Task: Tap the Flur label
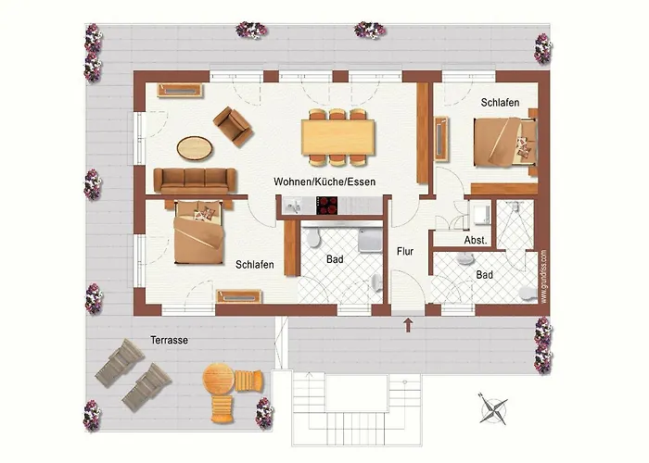click(x=405, y=250)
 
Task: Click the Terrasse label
click(x=169, y=341)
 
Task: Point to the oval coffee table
click(x=196, y=147)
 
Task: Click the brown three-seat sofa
click(x=194, y=180)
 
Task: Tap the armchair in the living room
click(x=233, y=125)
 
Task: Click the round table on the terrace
click(x=219, y=381)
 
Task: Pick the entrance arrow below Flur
click(x=408, y=324)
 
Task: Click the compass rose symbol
click(x=494, y=407)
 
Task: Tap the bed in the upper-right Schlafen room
click(x=504, y=144)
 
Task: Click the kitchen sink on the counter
click(x=297, y=206)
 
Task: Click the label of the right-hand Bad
click(x=484, y=275)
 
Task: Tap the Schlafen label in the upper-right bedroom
click(x=499, y=102)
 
